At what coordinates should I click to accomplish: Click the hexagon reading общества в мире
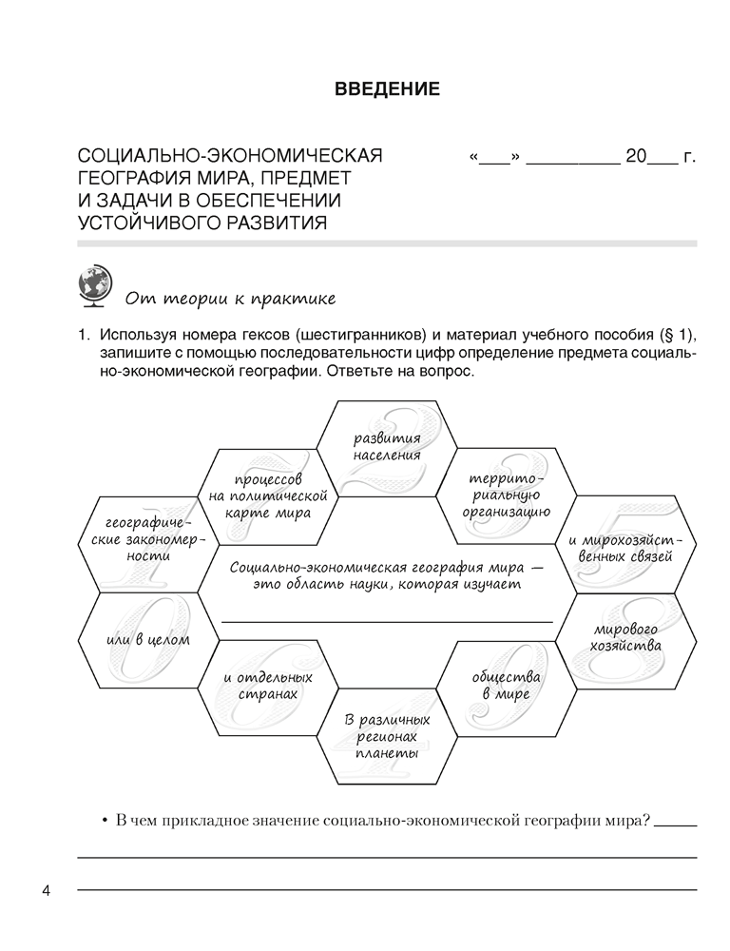[506, 687]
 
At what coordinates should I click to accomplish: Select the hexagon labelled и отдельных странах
[267, 687]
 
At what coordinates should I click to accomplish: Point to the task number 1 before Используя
[83, 336]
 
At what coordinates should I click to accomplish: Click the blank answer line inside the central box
[387, 619]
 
